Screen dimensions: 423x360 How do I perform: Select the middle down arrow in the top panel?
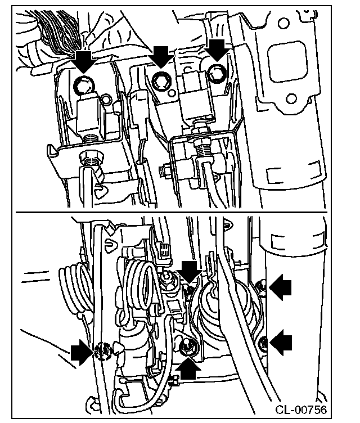pyautogui.click(x=162, y=56)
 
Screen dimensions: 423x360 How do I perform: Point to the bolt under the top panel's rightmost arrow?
pyautogui.click(x=215, y=72)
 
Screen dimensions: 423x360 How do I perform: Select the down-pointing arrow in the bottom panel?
pyautogui.click(x=190, y=271)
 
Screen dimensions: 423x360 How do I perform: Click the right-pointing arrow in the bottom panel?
pyautogui.click(x=82, y=354)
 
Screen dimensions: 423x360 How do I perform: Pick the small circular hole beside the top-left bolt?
pyautogui.click(x=105, y=100)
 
